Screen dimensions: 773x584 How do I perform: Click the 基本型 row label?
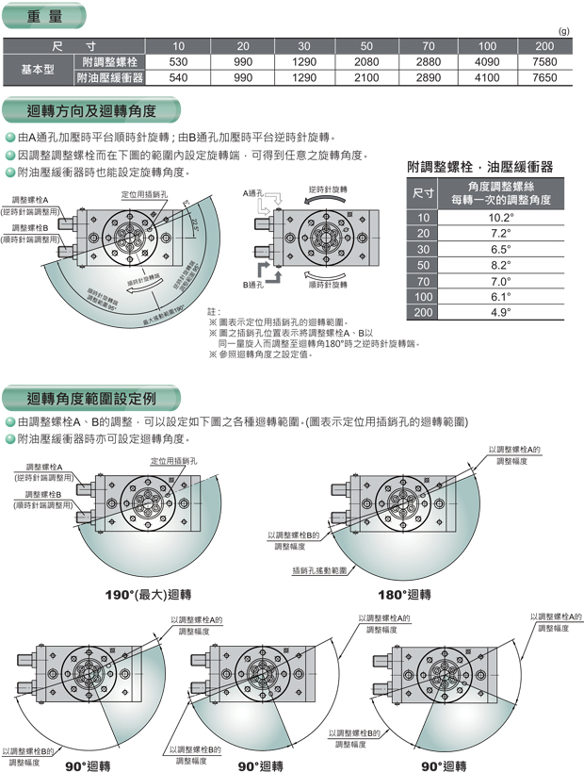pos(38,70)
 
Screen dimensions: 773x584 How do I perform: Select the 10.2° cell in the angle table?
pos(500,217)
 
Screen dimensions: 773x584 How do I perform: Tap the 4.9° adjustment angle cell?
pos(500,312)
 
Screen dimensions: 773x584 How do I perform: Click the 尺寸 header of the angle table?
pos(424,193)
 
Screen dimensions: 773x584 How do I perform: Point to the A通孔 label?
pos(253,193)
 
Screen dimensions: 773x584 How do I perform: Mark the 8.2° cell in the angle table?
pos(500,264)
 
